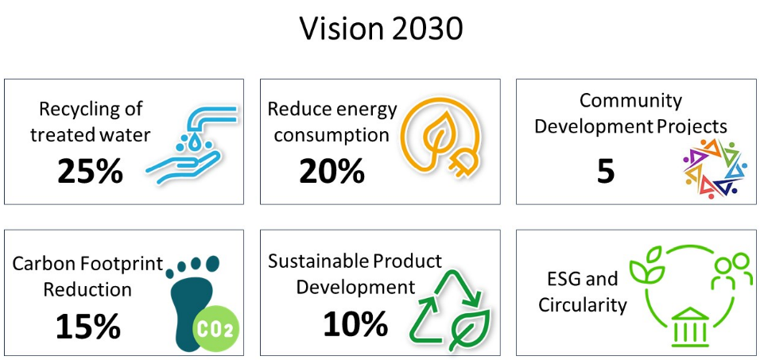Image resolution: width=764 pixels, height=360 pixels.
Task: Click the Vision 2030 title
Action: point(381,29)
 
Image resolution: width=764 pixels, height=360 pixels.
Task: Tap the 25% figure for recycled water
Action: point(90,172)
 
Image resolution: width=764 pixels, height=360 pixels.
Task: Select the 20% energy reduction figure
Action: point(332,171)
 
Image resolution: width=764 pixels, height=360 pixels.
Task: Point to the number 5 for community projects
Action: point(606,172)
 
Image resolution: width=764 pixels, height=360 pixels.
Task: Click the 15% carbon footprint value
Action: point(88,326)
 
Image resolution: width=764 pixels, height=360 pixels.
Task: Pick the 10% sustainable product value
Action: point(355,323)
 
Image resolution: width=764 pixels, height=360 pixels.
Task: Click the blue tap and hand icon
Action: point(192,145)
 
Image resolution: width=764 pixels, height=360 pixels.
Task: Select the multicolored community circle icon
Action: point(715,168)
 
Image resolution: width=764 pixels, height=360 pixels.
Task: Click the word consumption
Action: point(332,135)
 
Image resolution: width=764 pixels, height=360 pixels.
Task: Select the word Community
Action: point(630,101)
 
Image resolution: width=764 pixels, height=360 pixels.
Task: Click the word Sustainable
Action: point(319,261)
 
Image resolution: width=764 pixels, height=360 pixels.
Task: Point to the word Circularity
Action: point(582,305)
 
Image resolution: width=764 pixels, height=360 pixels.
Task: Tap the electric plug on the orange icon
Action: point(460,161)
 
